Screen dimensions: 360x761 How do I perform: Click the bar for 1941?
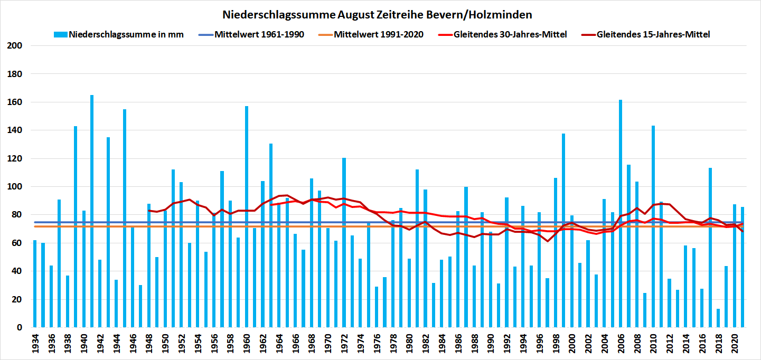click(x=92, y=211)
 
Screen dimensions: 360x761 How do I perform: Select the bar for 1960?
click(x=247, y=216)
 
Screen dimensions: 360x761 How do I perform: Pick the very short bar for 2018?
click(x=718, y=318)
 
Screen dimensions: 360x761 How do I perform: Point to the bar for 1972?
click(x=344, y=243)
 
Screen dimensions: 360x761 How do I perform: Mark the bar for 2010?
click(x=653, y=227)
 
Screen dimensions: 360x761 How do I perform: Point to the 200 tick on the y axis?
click(x=16, y=46)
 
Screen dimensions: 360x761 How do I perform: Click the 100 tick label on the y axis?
click(x=16, y=187)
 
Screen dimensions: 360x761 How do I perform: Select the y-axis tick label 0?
click(x=20, y=328)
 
